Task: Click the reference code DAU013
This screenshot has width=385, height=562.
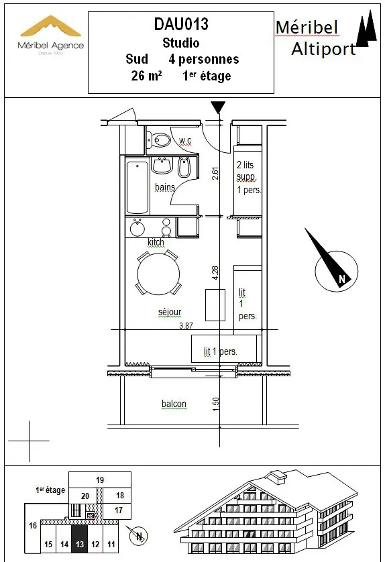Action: (x=181, y=24)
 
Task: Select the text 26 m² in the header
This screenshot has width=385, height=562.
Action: (x=146, y=76)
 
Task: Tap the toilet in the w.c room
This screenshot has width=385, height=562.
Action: (x=159, y=139)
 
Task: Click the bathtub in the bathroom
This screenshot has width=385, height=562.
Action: (x=137, y=188)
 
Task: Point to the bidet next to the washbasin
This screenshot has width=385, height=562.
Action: (x=184, y=167)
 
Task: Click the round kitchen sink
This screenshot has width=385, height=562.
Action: (x=137, y=229)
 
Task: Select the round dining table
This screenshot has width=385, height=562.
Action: (x=158, y=274)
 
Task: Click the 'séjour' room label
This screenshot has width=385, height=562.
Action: (x=170, y=312)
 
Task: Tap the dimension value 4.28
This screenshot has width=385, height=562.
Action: (x=215, y=273)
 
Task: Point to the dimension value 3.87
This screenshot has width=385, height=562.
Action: (x=186, y=325)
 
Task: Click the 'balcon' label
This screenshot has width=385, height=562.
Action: (x=174, y=404)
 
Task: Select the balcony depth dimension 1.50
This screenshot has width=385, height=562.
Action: (x=215, y=404)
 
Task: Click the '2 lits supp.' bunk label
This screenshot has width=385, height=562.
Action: (x=246, y=170)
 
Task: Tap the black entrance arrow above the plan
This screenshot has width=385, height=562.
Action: (x=218, y=107)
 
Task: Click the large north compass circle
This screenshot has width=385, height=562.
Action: (x=336, y=271)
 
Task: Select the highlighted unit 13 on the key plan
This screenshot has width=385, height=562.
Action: (x=80, y=539)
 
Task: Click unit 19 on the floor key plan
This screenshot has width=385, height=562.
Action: (x=100, y=480)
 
